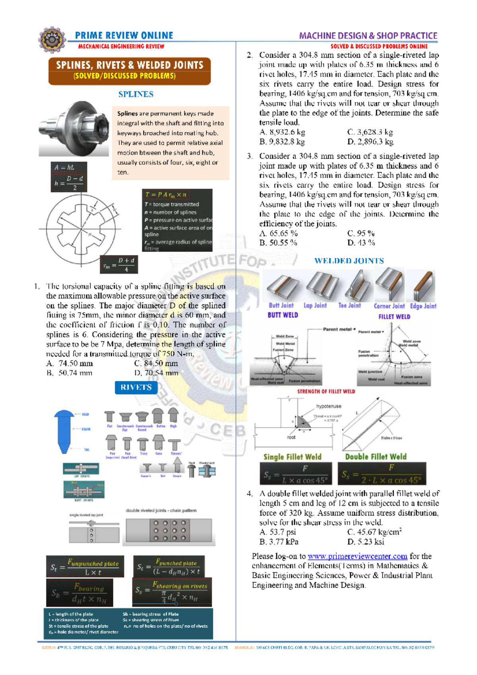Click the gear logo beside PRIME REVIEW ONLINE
click(x=52, y=40)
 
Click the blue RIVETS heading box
click(x=136, y=388)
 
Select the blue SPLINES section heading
click(x=136, y=94)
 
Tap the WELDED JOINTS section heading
click(x=349, y=261)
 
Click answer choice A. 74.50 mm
click(x=70, y=363)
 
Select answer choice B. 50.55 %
click(x=278, y=242)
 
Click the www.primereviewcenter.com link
click(x=357, y=556)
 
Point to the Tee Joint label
click(x=349, y=305)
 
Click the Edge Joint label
click(x=423, y=306)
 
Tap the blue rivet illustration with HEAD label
click(x=64, y=431)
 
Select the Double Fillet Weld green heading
click(x=376, y=457)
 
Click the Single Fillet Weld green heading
click(x=292, y=457)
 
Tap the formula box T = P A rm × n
click(x=177, y=220)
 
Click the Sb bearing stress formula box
click(x=79, y=592)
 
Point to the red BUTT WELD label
click(x=283, y=315)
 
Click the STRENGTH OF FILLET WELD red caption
click(x=326, y=392)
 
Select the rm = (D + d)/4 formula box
click(x=118, y=264)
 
